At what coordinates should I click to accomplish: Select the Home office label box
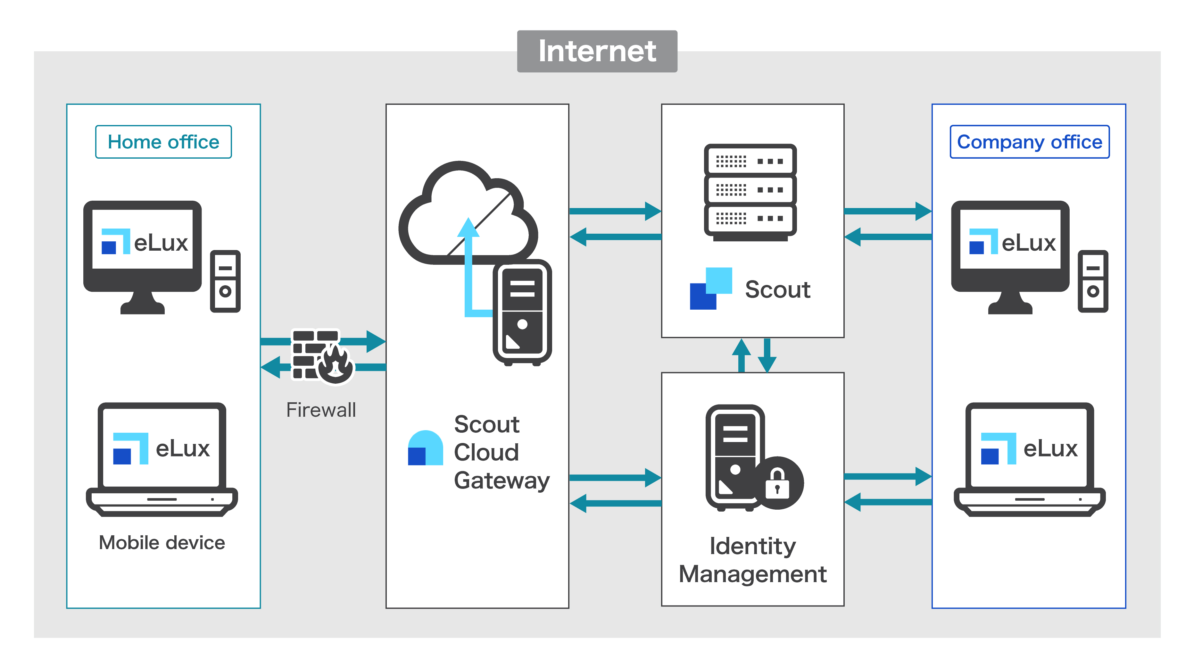coord(163,142)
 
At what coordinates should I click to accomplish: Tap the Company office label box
coord(1029,142)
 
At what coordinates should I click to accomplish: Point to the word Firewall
coord(321,410)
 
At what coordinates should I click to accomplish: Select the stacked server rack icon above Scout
coord(750,191)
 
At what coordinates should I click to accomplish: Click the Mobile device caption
coord(162,542)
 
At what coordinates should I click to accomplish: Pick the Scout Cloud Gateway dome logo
coord(425,448)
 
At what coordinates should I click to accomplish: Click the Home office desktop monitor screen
coord(142,239)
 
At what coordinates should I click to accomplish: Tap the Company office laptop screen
coord(1029,448)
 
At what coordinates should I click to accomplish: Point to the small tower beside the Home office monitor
coord(225,281)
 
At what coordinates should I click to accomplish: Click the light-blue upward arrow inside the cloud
coord(468,266)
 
